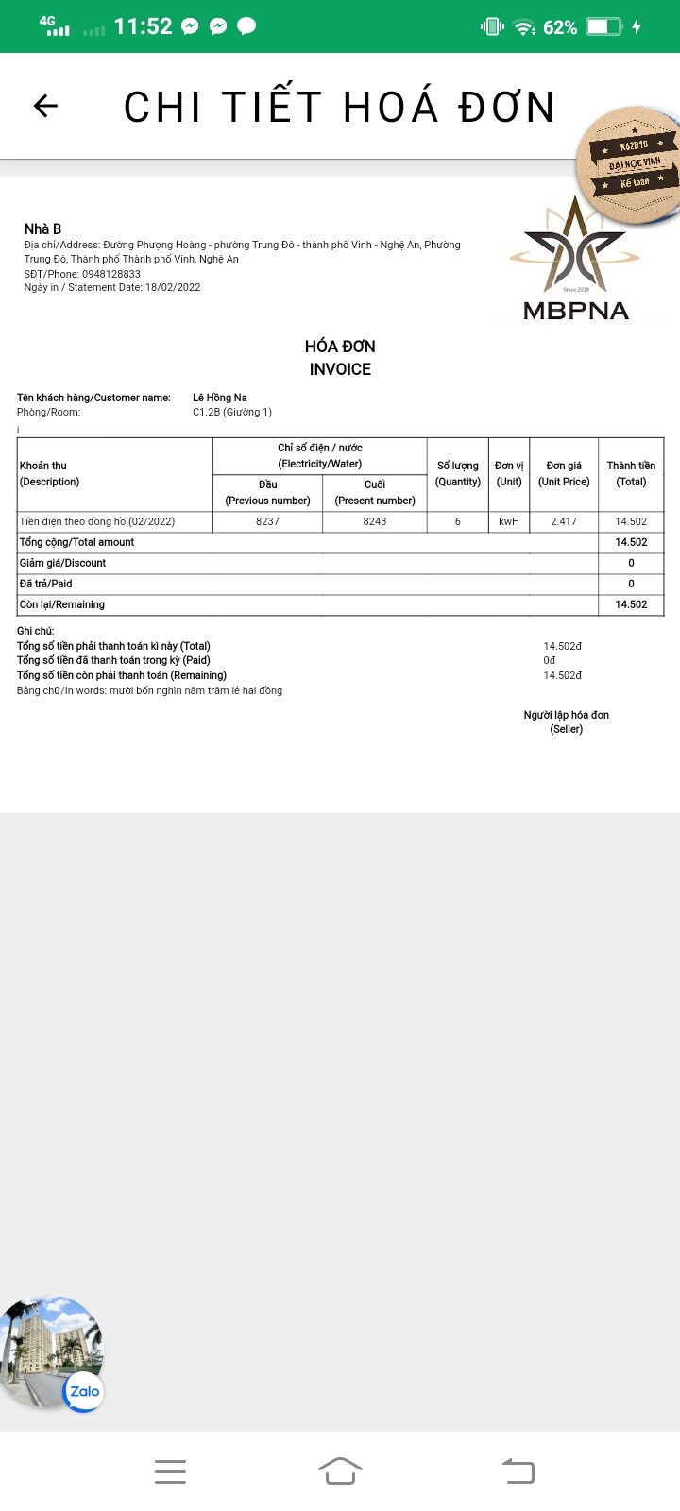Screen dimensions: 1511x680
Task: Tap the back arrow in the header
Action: pyautogui.click(x=45, y=106)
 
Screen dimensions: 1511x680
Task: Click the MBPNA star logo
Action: pyautogui.click(x=575, y=247)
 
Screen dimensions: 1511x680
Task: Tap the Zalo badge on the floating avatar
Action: pyautogui.click(x=84, y=1391)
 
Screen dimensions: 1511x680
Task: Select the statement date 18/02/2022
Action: pyautogui.click(x=173, y=287)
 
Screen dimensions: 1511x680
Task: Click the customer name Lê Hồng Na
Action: pyautogui.click(x=220, y=398)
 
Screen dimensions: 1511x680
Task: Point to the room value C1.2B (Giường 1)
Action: pyautogui.click(x=232, y=412)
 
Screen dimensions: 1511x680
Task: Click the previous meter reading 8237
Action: pyautogui.click(x=267, y=521)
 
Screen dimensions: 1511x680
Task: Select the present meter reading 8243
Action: pyautogui.click(x=375, y=521)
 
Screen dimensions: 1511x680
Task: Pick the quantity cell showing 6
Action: pyautogui.click(x=458, y=521)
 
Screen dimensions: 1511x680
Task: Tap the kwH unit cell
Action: pyautogui.click(x=509, y=521)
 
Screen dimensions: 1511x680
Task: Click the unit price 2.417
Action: pyautogui.click(x=564, y=521)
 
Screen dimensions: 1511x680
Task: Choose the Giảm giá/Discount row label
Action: pyautogui.click(x=63, y=563)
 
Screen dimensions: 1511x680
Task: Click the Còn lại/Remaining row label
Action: pyautogui.click(x=62, y=604)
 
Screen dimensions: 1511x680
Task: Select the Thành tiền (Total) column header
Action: pyautogui.click(x=631, y=473)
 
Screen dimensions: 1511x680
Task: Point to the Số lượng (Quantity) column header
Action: pyautogui.click(x=458, y=473)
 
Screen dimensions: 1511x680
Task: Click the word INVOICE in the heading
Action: pyautogui.click(x=340, y=369)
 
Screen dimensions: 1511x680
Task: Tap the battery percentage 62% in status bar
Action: pyautogui.click(x=560, y=27)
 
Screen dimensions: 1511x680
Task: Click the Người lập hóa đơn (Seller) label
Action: pyautogui.click(x=567, y=722)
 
